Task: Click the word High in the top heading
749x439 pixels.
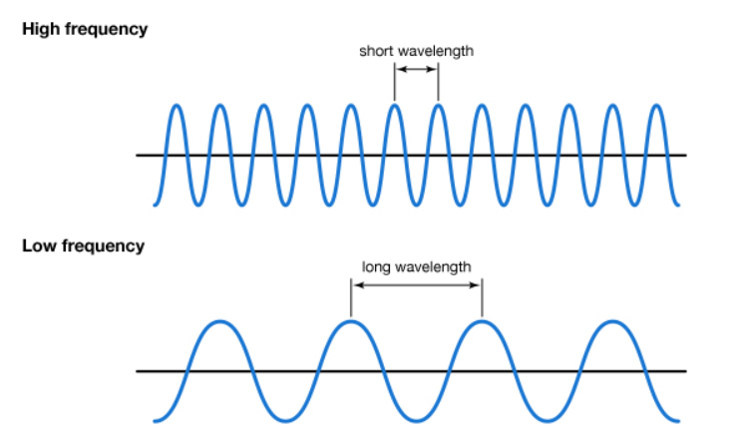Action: [x=40, y=29]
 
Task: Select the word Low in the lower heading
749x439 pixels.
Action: [x=38, y=245]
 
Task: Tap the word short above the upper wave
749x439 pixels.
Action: [x=376, y=49]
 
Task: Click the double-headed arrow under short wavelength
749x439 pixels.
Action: [x=416, y=69]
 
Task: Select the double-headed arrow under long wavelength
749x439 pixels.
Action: [x=416, y=285]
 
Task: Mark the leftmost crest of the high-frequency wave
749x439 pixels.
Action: [x=177, y=106]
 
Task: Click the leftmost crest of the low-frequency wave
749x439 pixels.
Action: [x=220, y=322]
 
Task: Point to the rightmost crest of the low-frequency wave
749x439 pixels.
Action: [x=612, y=322]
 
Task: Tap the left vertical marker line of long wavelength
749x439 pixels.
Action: [x=351, y=298]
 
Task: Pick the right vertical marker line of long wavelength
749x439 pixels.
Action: [x=482, y=298]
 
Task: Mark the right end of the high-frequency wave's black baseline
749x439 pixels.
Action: [x=684, y=155]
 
